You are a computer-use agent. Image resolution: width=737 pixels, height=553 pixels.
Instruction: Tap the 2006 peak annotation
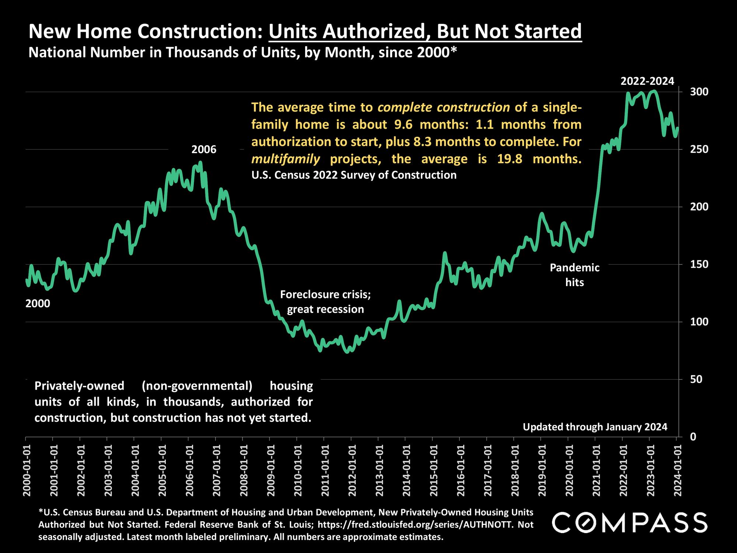(x=204, y=150)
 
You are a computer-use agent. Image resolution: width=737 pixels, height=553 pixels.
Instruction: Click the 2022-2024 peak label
(x=647, y=81)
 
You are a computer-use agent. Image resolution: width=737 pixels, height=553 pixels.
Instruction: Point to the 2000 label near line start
(x=38, y=304)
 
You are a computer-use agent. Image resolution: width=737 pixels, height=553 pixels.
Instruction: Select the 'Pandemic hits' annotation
(x=574, y=275)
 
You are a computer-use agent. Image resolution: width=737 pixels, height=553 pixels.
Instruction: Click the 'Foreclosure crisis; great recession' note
(x=325, y=302)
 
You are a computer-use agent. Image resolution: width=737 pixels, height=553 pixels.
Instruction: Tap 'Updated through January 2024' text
(x=595, y=427)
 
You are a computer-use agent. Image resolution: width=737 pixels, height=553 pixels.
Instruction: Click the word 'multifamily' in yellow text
(x=286, y=159)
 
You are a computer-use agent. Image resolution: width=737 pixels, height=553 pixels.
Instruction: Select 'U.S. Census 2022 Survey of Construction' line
(x=354, y=175)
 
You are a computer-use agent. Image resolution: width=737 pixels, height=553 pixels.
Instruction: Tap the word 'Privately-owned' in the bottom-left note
(x=79, y=386)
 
